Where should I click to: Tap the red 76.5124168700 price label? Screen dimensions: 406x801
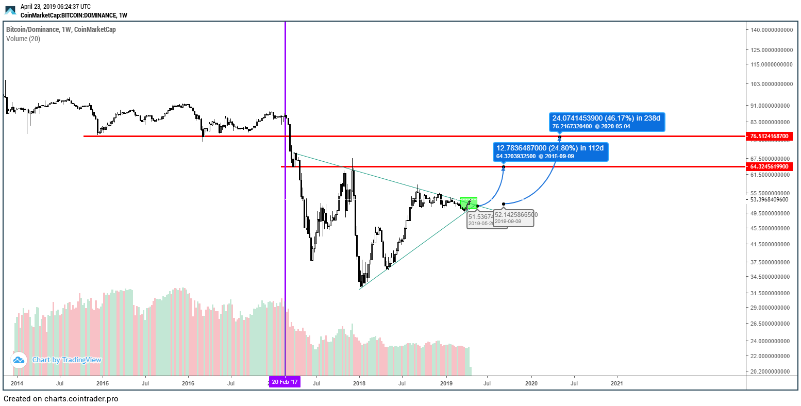(x=769, y=136)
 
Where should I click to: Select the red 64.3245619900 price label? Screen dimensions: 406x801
(x=769, y=166)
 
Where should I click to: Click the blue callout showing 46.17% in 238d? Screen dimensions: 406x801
(x=607, y=122)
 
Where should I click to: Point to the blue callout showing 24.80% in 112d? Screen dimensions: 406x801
(x=550, y=151)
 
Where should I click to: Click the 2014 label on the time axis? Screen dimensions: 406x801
(x=17, y=383)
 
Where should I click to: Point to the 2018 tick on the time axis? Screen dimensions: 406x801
(x=359, y=383)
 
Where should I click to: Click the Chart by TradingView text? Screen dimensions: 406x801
(x=66, y=360)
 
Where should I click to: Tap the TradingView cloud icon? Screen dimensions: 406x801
(x=19, y=360)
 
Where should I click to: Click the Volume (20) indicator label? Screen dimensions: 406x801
(x=23, y=39)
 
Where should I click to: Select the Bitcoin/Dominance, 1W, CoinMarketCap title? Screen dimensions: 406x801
(x=61, y=29)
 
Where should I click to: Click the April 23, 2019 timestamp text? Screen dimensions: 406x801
(x=55, y=7)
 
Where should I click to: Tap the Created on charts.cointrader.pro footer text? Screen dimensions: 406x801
(x=61, y=399)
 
